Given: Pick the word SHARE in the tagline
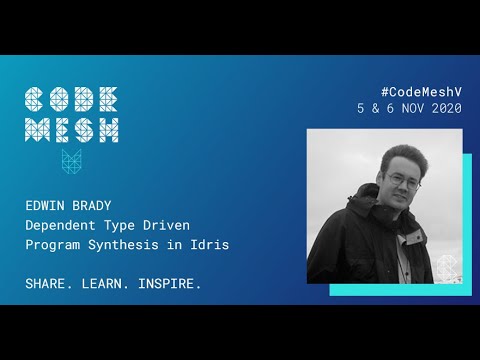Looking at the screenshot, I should tap(46, 284).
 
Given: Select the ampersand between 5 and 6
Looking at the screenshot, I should tap(375, 108).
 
